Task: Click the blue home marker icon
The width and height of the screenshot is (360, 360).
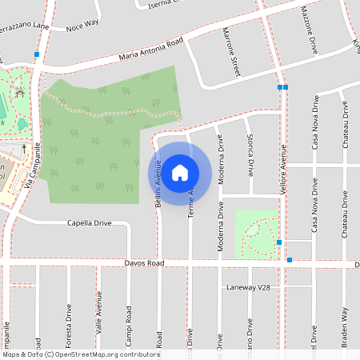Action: pyautogui.click(x=180, y=171)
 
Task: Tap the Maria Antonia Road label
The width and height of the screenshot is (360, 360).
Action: pyautogui.click(x=151, y=49)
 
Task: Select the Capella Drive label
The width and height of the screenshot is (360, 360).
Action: pyautogui.click(x=89, y=223)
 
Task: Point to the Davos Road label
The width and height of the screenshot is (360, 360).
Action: pyautogui.click(x=145, y=262)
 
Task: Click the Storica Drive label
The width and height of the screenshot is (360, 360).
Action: pyautogui.click(x=250, y=156)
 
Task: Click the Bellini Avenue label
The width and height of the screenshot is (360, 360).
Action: pyautogui.click(x=158, y=183)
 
